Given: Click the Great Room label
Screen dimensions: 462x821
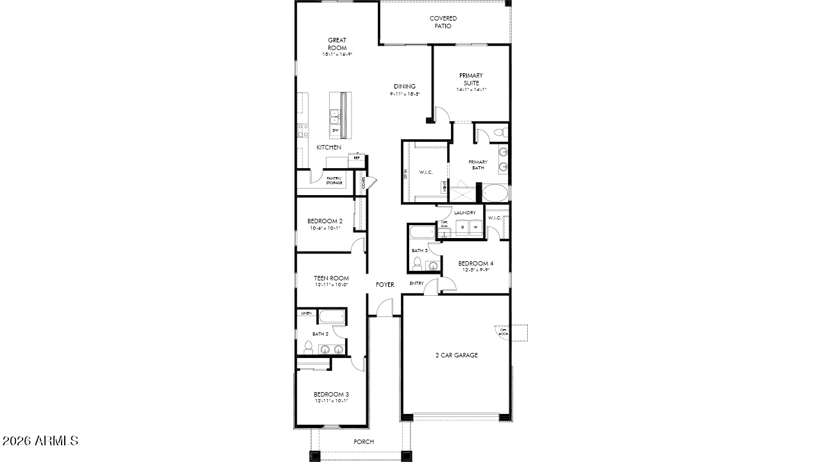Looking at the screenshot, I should pyautogui.click(x=337, y=44).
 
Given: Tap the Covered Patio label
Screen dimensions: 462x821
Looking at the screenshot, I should pyautogui.click(x=443, y=22).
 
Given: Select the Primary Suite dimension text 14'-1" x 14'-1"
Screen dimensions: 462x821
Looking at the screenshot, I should pyautogui.click(x=471, y=90).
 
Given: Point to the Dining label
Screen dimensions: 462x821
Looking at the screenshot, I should pyautogui.click(x=405, y=87).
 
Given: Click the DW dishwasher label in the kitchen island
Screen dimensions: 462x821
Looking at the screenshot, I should pyautogui.click(x=335, y=130).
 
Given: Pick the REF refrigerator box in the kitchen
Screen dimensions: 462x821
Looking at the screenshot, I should pyautogui.click(x=357, y=157).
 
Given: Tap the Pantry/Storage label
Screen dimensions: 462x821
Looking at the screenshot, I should pyautogui.click(x=334, y=180).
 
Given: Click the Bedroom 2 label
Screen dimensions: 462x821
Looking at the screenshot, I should pyautogui.click(x=325, y=221).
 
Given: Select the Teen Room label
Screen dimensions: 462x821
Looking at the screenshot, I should pyautogui.click(x=331, y=278).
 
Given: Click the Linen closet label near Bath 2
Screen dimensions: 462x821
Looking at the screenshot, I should pyautogui.click(x=306, y=313).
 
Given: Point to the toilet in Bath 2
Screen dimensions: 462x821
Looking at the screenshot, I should pyautogui.click(x=309, y=348).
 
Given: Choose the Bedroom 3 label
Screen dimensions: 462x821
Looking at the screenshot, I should pyautogui.click(x=331, y=394).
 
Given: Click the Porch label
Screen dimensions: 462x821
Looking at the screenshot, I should pyautogui.click(x=364, y=441).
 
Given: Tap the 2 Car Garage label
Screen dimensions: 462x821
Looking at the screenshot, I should pyautogui.click(x=457, y=355).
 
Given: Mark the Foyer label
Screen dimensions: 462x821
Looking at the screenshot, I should pyautogui.click(x=385, y=284).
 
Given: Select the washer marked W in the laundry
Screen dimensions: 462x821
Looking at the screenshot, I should pyautogui.click(x=475, y=227).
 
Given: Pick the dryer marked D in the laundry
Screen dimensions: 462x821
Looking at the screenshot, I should pyautogui.click(x=462, y=227).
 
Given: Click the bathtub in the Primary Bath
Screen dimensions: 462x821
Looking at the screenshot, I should pyautogui.click(x=495, y=193).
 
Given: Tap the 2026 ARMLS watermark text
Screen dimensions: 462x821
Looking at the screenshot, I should pyautogui.click(x=40, y=441).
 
